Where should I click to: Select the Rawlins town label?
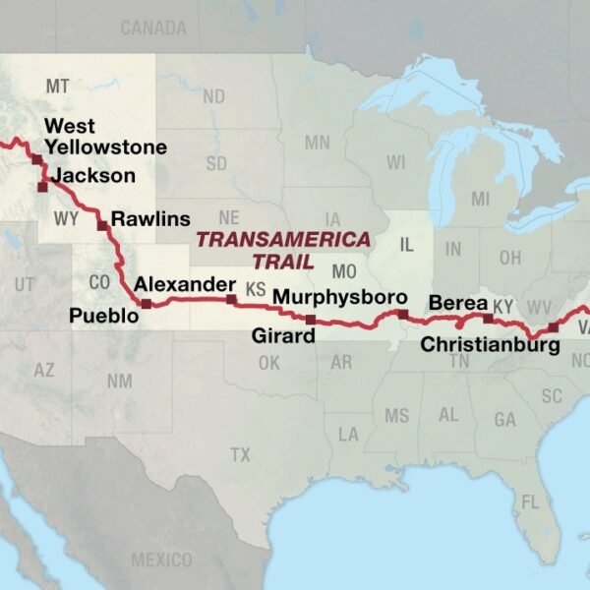[150, 218]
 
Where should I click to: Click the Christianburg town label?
[490, 344]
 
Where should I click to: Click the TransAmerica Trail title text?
[282, 250]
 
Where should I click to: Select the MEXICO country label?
[161, 560]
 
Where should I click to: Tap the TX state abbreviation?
[240, 454]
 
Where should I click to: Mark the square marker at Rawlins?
[102, 225]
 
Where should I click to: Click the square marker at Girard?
[311, 320]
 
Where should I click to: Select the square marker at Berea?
[488, 319]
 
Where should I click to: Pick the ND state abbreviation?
[213, 96]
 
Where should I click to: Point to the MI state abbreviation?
[480, 200]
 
